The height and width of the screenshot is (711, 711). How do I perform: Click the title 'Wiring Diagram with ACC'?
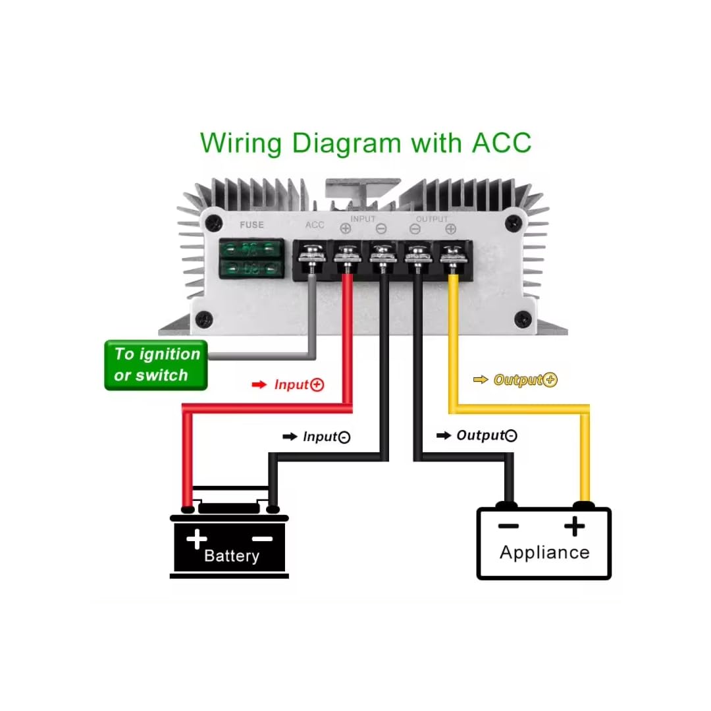coord(365,142)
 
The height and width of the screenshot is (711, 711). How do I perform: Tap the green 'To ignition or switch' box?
coord(156,365)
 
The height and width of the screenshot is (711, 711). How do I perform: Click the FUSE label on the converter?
coord(251,225)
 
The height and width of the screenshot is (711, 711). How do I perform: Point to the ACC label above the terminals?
coord(315,225)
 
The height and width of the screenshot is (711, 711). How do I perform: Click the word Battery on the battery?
coord(232,556)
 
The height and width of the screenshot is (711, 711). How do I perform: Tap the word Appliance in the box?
coord(544,552)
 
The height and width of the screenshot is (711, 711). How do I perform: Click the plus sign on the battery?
coord(197,539)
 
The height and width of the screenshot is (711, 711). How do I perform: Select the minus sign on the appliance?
coord(508,526)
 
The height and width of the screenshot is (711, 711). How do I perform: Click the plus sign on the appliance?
coord(575,526)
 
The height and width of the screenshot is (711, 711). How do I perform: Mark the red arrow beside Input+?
coord(259,384)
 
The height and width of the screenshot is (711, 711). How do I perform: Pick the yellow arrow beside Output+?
coord(481,380)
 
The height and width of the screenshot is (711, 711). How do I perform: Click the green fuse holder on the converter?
coord(251,258)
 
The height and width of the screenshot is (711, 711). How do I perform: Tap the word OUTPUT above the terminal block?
coord(432,219)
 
